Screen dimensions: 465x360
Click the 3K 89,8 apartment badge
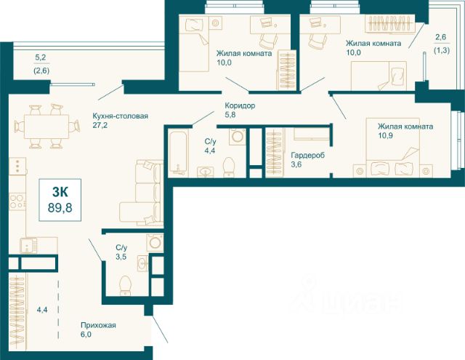[60, 200]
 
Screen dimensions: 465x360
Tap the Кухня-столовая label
[120, 116]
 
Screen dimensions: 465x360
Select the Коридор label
[240, 105]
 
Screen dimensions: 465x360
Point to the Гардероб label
[308, 155]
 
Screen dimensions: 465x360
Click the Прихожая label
[98, 325]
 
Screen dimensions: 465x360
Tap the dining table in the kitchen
[46, 127]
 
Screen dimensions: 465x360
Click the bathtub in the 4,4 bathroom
[177, 153]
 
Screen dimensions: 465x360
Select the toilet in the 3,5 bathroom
[125, 286]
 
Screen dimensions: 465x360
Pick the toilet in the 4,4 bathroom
[228, 167]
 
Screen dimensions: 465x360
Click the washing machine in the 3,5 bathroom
[155, 242]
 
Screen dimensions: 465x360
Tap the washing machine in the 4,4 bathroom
[238, 137]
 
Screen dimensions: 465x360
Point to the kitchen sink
[29, 245]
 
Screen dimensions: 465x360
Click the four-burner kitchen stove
[17, 201]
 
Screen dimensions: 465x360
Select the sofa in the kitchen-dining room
[142, 193]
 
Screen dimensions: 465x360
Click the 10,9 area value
[385, 135]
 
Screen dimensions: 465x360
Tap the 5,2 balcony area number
[41, 57]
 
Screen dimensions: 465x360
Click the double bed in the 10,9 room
[393, 148]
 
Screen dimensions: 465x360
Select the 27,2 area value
[100, 125]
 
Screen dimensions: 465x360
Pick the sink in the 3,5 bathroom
[143, 263]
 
